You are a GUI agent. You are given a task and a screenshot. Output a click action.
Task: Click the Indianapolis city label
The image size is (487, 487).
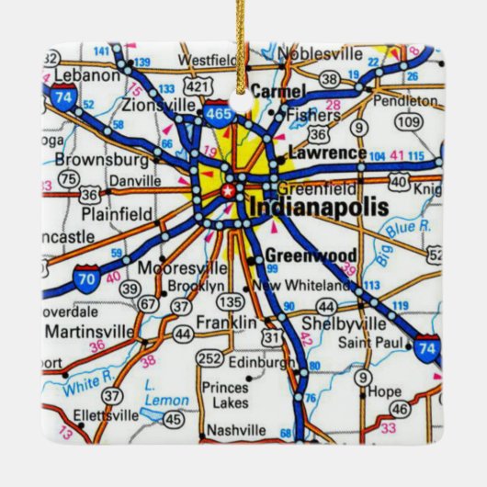[x=318, y=207]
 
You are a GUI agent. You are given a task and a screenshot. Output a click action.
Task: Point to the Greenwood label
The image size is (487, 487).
[x=297, y=256]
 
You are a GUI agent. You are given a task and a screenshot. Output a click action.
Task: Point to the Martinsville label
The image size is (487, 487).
[x=85, y=329]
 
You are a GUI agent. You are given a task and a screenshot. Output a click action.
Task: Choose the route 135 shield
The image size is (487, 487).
[x=233, y=301]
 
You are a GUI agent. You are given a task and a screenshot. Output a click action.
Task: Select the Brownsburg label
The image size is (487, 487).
[x=89, y=157]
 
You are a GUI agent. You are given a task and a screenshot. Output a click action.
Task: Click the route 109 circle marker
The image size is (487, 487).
[x=408, y=122]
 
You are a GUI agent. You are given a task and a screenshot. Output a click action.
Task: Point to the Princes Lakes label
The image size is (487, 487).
[x=224, y=394]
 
